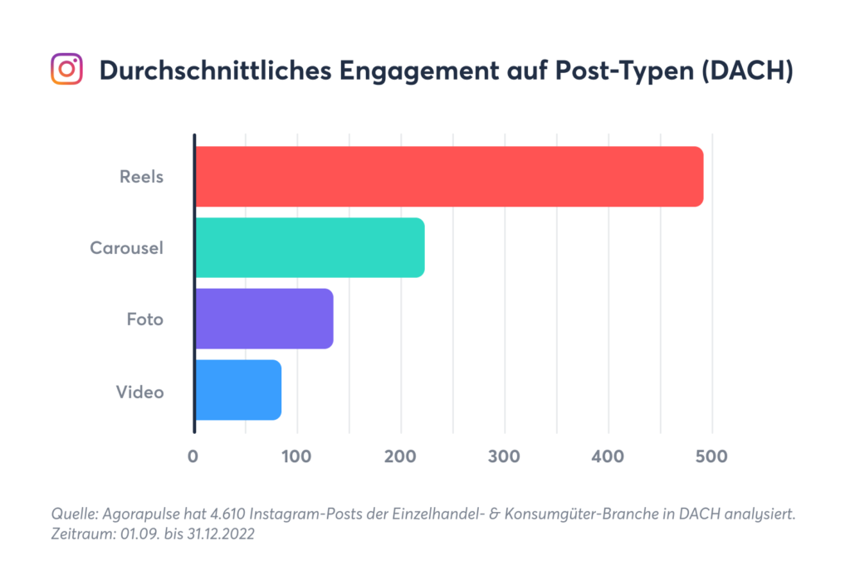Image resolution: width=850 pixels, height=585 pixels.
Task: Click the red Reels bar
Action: [449, 177]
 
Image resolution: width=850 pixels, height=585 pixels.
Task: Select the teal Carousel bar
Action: [310, 247]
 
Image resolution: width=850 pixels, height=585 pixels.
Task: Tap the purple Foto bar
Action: [264, 319]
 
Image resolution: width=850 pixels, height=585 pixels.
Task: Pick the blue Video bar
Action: [238, 390]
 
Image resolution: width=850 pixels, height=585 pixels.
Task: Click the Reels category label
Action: [141, 177]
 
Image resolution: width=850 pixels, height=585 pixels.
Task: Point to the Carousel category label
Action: [126, 247]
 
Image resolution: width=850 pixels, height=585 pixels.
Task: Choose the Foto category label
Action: [144, 319]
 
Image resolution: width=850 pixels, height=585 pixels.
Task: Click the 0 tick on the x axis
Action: [193, 456]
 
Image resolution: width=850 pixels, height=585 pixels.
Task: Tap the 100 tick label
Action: [296, 456]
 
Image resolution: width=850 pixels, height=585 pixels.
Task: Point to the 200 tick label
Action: [400, 456]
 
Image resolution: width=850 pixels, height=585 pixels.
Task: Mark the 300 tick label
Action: [504, 456]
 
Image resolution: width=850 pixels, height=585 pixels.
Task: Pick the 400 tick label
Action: [608, 456]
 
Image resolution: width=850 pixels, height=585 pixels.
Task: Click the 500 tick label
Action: [711, 456]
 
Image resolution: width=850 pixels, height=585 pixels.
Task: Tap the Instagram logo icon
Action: [67, 70]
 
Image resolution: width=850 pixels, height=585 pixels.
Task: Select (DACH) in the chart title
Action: [745, 71]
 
